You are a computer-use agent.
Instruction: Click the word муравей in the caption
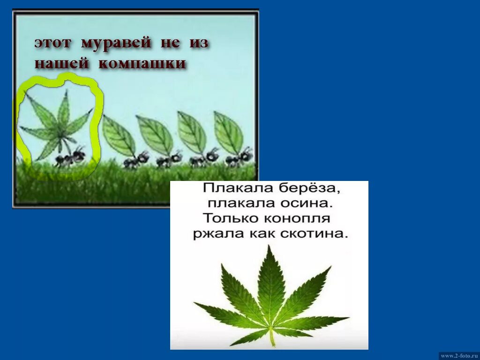(116, 43)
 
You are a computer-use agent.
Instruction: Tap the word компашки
(142, 63)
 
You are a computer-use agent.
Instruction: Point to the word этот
(52, 43)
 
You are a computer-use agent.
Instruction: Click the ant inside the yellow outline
(69, 157)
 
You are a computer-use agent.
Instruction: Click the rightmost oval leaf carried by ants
(228, 133)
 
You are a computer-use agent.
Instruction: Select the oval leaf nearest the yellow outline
(119, 136)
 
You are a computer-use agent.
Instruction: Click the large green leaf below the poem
(270, 295)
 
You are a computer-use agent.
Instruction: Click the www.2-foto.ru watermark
(459, 356)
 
